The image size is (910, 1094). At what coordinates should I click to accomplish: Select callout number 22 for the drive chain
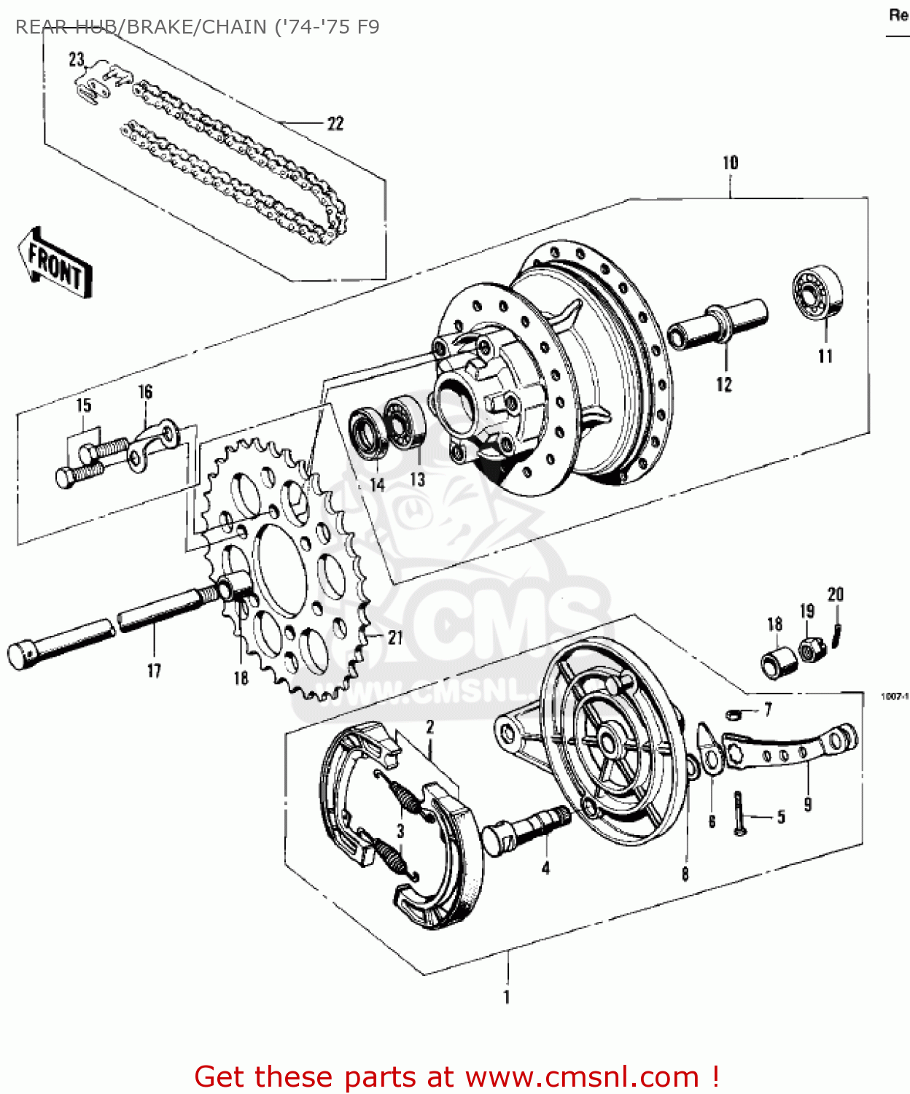(x=335, y=124)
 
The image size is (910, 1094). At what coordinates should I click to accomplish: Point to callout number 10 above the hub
(x=730, y=163)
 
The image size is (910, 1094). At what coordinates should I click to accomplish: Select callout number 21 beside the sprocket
(x=394, y=638)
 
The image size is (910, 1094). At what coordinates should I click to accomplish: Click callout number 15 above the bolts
(x=84, y=406)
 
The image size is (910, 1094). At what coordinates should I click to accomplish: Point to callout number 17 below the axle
(x=154, y=671)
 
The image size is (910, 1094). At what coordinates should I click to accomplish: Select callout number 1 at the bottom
(x=507, y=997)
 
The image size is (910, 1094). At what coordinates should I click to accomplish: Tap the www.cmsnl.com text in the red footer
(x=582, y=1076)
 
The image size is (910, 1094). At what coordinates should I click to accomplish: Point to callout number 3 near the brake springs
(x=400, y=831)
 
